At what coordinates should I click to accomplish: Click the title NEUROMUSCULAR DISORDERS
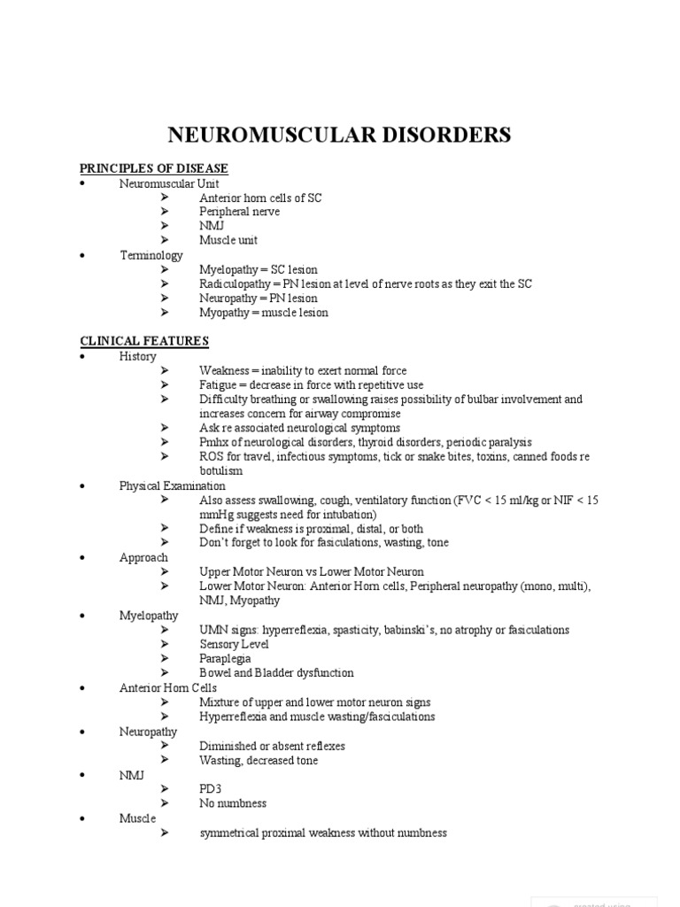pos(340,136)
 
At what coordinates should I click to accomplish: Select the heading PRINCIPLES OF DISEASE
pos(154,168)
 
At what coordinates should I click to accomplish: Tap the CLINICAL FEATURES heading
pos(144,341)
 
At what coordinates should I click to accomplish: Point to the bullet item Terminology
pos(151,255)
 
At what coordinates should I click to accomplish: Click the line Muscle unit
pos(228,240)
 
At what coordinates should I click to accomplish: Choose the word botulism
pos(221,471)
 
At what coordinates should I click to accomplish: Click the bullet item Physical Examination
pos(173,486)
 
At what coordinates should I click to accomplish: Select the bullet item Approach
pos(143,558)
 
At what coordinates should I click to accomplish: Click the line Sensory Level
pos(234,644)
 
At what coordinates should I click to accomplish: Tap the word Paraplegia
pos(225,658)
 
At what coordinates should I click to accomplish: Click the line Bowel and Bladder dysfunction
pos(276,673)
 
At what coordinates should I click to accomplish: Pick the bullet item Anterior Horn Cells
pos(168,688)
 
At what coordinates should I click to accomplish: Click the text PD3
pos(210,788)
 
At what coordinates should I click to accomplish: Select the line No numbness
pos(233,803)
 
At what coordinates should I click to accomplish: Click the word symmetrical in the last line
pos(232,833)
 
